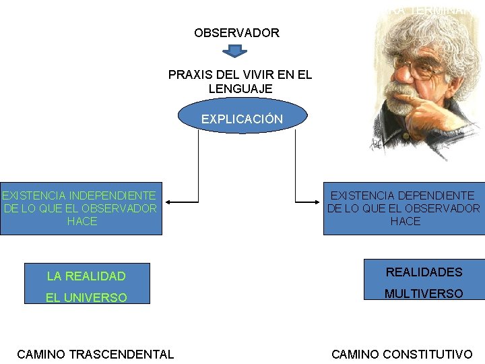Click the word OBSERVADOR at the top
coord(236,32)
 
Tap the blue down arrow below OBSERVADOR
coord(235,51)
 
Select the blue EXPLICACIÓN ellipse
coord(242,119)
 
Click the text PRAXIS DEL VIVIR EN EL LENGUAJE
coord(240,82)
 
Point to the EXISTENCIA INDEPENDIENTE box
coord(81,208)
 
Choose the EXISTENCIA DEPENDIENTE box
coord(404,208)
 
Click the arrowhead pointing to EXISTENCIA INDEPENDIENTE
coord(169,201)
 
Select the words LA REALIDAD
coord(86,276)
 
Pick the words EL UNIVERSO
coord(86,297)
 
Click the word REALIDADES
coord(424,272)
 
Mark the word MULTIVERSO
coord(424,294)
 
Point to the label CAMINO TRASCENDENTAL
coord(95,354)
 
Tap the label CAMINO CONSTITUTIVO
coord(402,354)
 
